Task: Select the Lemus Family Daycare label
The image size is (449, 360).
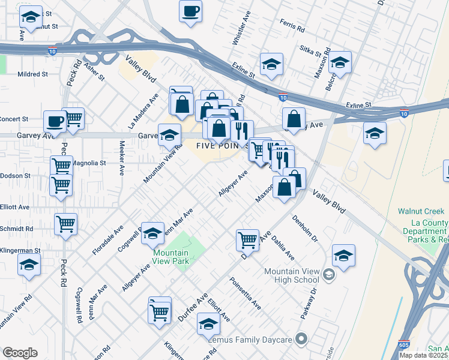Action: (255, 340)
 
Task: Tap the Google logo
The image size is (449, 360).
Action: (20, 353)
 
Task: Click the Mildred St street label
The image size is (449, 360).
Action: (32, 74)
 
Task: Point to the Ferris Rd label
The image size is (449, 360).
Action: (292, 26)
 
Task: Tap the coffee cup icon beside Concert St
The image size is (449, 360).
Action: (55, 121)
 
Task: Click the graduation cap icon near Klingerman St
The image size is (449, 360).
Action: (29, 265)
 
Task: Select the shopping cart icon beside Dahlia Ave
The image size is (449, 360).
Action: (247, 240)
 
